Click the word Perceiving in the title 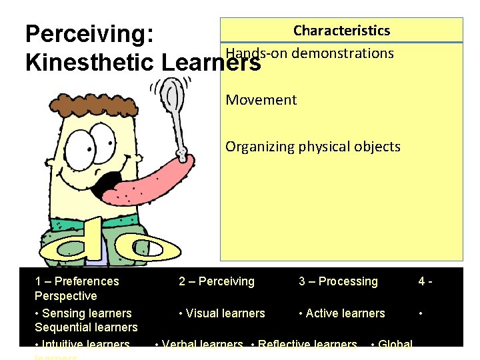pyautogui.click(x=89, y=35)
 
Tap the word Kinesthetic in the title pyautogui.click(x=89, y=63)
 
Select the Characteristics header pyautogui.click(x=341, y=31)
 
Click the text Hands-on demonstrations pyautogui.click(x=309, y=53)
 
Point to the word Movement pyautogui.click(x=261, y=100)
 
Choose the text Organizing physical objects pyautogui.click(x=313, y=147)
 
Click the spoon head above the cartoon pyautogui.click(x=174, y=95)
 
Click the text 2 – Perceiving pyautogui.click(x=216, y=281)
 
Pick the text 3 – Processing pyautogui.click(x=338, y=281)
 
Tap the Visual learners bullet pyautogui.click(x=221, y=313)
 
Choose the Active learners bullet pyautogui.click(x=342, y=313)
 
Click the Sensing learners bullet pyautogui.click(x=83, y=313)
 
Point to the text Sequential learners pyautogui.click(x=86, y=327)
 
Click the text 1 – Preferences pyautogui.click(x=77, y=281)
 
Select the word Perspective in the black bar pyautogui.click(x=65, y=296)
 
